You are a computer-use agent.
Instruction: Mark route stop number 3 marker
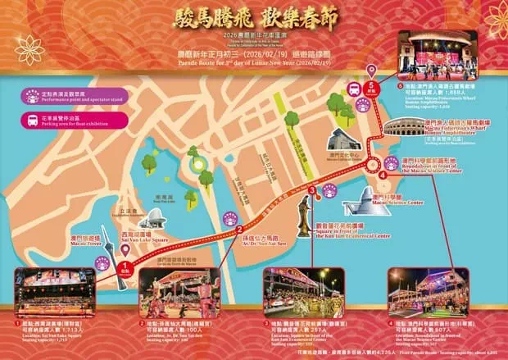click(312, 190)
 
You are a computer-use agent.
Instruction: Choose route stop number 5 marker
click(374, 84)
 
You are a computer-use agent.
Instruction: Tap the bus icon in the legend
click(36, 114)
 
